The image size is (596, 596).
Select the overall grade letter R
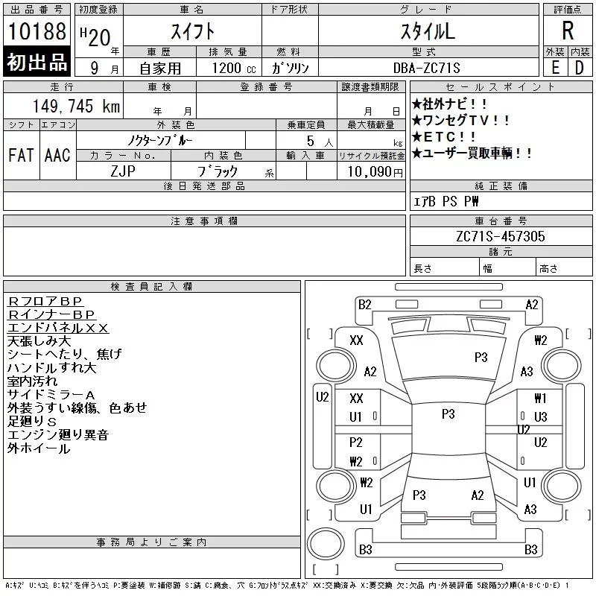(x=568, y=32)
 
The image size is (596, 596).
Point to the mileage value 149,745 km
(x=77, y=107)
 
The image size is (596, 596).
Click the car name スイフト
(x=191, y=32)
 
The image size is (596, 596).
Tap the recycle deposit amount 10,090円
(x=370, y=171)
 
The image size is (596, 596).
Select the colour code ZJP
(x=124, y=171)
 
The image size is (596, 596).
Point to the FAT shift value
(x=22, y=156)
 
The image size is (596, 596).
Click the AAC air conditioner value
(x=57, y=156)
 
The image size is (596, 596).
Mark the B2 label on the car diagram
(x=365, y=304)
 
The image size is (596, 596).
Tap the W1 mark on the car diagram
(x=540, y=399)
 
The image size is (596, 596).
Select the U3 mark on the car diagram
(x=540, y=416)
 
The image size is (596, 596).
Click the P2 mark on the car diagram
(x=356, y=443)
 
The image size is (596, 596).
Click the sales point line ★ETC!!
(x=445, y=137)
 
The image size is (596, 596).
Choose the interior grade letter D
(x=579, y=68)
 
